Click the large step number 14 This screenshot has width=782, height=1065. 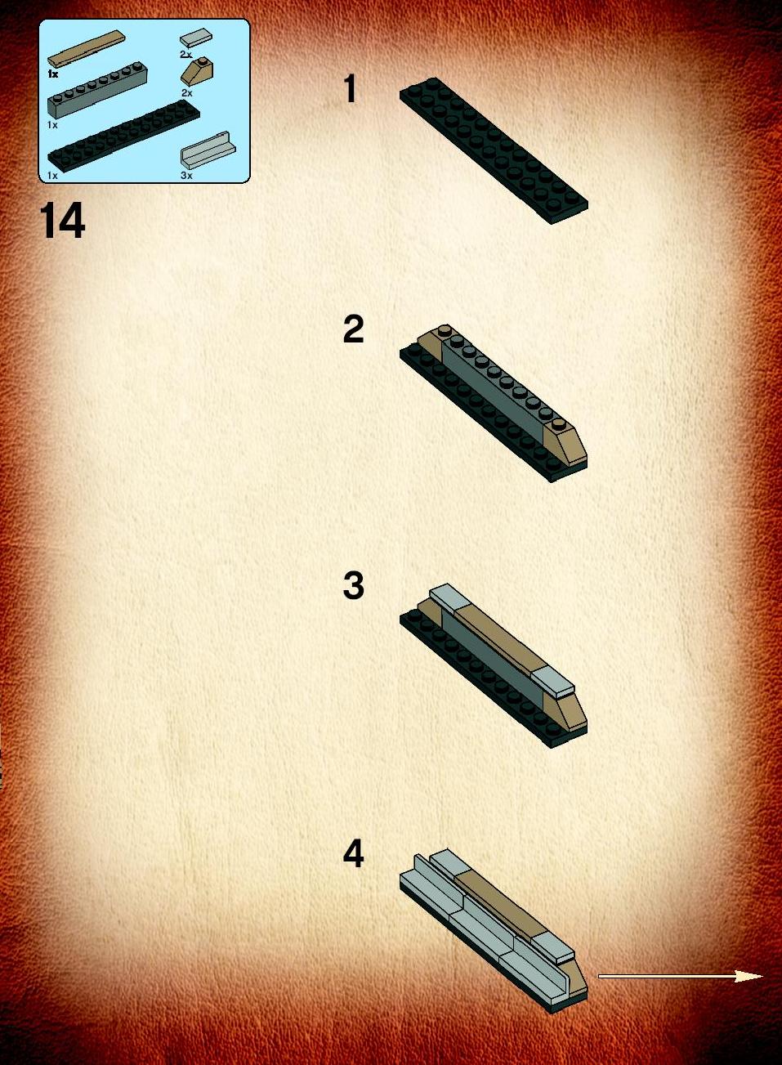[62, 221]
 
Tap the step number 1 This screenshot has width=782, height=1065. [351, 89]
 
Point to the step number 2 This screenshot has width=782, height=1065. [353, 329]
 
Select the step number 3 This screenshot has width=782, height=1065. [353, 585]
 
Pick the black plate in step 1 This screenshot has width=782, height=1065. [494, 150]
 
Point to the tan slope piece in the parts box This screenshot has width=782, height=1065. [197, 71]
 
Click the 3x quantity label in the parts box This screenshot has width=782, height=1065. [186, 176]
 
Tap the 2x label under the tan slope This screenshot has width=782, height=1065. [186, 92]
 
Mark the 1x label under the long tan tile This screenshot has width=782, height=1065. [53, 74]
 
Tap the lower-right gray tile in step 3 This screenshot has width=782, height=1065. [553, 683]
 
